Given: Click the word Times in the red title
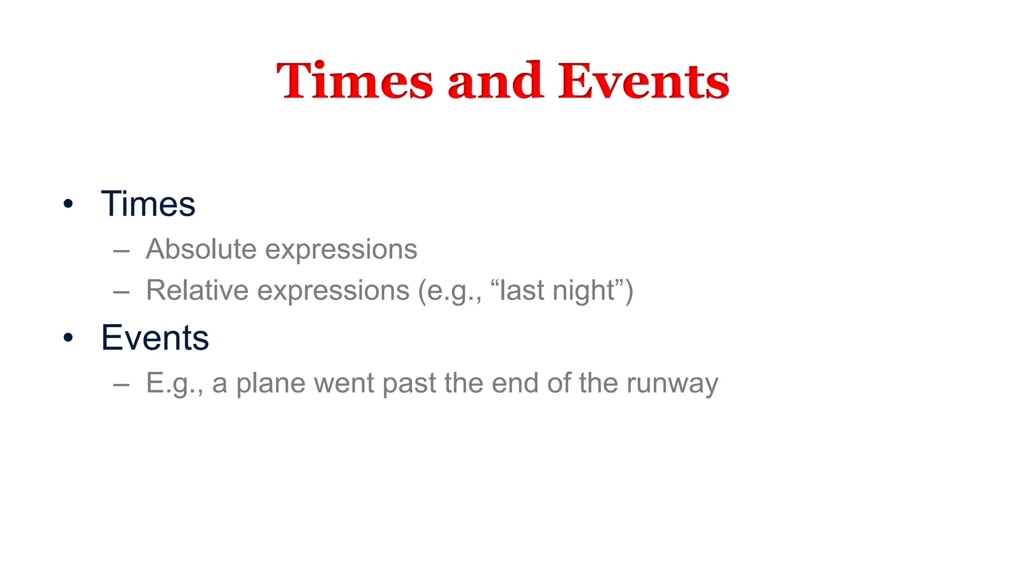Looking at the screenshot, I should coord(355,80).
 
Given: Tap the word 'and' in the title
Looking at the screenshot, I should coord(495,80).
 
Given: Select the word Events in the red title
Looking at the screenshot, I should coord(643,80).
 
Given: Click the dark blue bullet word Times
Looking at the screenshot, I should coord(148,204).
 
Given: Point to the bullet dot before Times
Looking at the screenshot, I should coord(68,205).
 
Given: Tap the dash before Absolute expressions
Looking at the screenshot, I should coord(122,250).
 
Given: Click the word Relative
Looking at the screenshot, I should coord(197,290).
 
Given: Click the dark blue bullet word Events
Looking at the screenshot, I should coord(155,337).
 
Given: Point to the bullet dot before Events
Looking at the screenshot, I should coord(68,338).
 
